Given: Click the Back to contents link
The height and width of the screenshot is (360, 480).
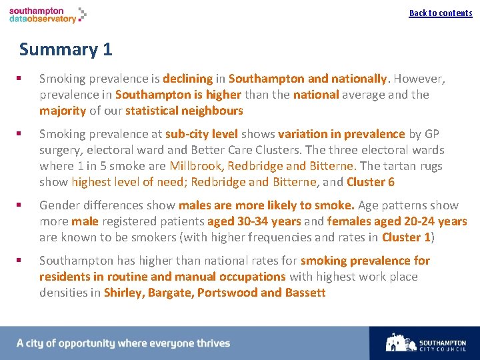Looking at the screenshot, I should tap(441, 13).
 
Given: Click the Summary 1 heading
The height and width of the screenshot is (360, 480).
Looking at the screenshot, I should tap(65, 49).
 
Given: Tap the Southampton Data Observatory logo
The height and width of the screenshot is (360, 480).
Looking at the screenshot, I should tap(47, 15).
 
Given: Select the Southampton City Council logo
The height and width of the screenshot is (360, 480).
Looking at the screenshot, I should tap(426, 343).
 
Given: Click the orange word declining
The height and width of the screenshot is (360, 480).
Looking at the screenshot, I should tap(187, 79).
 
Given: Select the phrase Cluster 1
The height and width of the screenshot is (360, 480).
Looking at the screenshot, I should tap(406, 237).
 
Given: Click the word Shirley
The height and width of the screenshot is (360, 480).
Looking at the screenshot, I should tap(123, 293).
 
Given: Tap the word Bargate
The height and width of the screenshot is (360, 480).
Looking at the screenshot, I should tap(169, 293).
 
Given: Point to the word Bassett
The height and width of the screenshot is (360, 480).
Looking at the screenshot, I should tap(305, 293).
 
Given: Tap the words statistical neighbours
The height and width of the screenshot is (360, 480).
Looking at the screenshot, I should tap(184, 111).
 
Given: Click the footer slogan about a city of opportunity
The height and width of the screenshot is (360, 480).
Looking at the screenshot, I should tap(123, 343).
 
